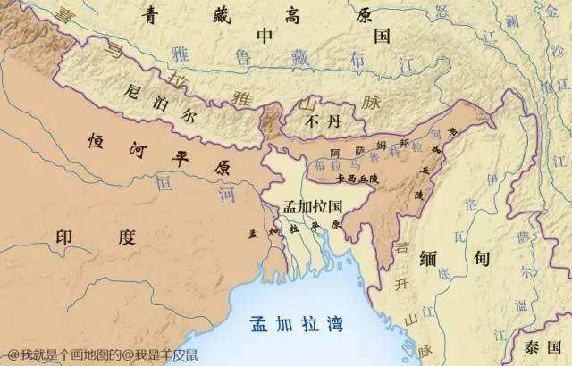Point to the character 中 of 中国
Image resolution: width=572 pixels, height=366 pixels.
coord(266,37)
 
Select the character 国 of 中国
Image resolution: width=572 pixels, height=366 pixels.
coord(382,37)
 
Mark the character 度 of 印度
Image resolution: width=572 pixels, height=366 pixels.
coord(124,237)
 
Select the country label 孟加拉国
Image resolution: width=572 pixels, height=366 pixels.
coord(313,205)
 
